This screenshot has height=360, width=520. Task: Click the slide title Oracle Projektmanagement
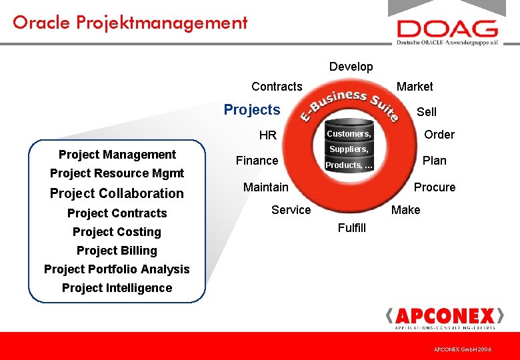130,23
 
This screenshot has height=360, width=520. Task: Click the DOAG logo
447,31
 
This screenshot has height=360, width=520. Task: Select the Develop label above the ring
351,67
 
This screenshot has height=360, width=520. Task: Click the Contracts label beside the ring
277,87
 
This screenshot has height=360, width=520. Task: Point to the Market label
415,87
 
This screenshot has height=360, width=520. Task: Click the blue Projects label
252,110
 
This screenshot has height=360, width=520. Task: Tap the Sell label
427,112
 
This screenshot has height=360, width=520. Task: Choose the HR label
267,135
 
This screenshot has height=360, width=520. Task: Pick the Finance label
257,161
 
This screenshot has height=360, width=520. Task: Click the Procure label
435,187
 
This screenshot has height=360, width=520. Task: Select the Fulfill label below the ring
352,228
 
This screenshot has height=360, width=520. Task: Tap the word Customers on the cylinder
349,134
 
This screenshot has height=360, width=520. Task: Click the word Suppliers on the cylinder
349,149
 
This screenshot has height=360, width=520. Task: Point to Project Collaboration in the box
117,193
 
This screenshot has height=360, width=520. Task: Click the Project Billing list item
117,251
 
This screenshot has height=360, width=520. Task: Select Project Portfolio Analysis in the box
117,269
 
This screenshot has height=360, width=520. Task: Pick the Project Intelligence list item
117,288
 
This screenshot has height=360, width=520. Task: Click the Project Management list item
117,155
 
